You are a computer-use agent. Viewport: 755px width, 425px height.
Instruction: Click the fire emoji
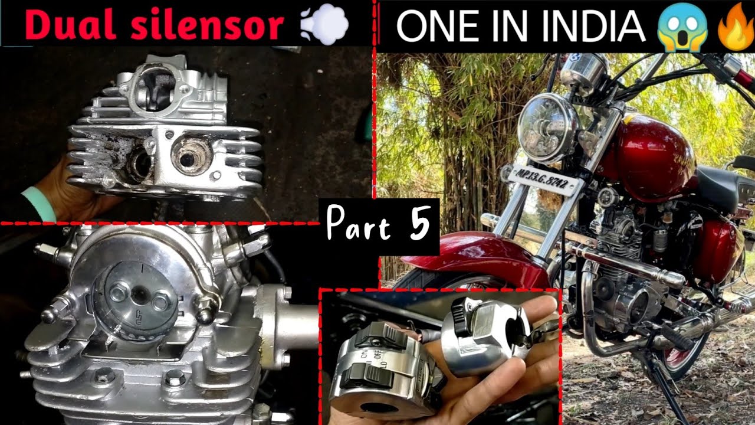tap(734, 28)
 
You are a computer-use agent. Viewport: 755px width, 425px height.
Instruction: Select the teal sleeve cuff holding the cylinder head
tap(38, 204)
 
